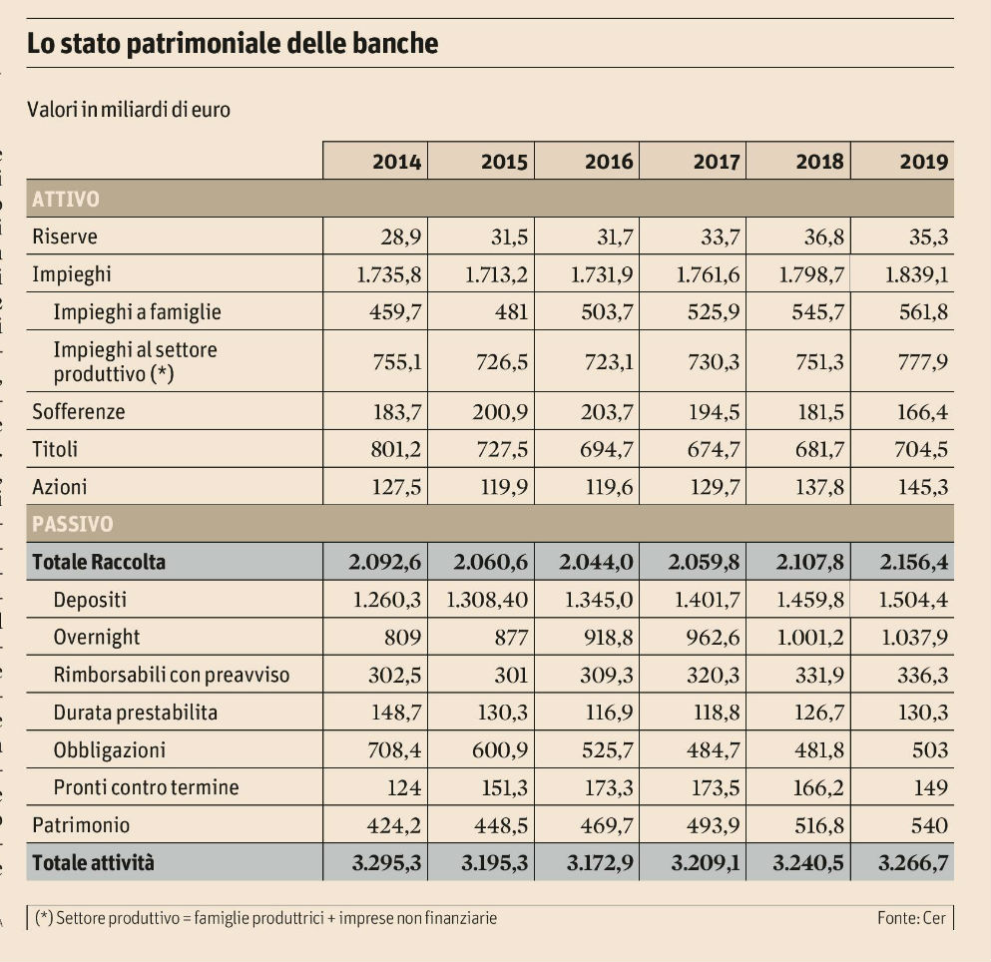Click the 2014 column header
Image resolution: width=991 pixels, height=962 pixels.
click(396, 162)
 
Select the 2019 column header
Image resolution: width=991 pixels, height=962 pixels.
click(923, 162)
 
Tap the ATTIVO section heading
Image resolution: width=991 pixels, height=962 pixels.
click(66, 199)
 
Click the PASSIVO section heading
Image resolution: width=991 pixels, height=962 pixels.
click(73, 524)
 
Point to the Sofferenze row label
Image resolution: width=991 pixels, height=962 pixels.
click(79, 411)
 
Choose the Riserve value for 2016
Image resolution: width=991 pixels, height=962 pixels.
click(608, 238)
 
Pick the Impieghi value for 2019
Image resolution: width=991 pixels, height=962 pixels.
click(916, 274)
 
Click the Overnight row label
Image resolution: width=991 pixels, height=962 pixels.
click(97, 638)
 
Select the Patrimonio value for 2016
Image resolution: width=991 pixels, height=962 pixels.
click(608, 825)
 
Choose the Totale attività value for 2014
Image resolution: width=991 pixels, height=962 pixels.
click(387, 863)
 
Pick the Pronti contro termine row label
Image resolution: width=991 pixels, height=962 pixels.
click(146, 787)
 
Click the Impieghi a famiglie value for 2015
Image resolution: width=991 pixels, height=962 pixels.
click(510, 312)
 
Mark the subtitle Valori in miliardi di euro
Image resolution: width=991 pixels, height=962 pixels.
click(129, 109)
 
